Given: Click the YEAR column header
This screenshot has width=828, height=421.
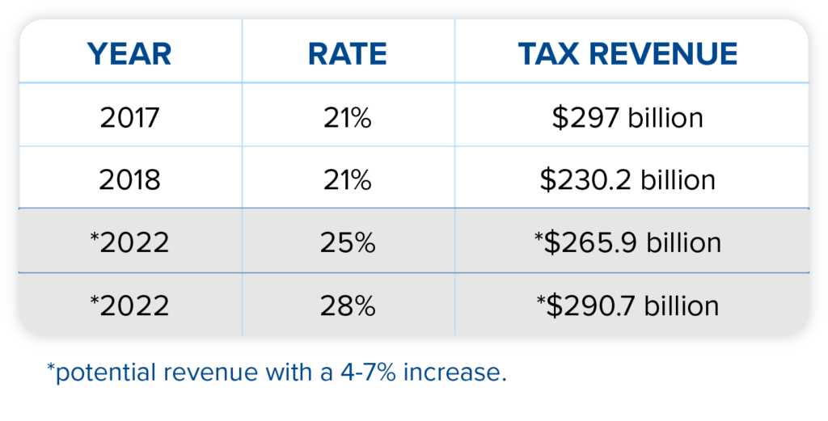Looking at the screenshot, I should pos(129,54).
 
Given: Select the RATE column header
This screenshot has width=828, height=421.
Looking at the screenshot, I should pos(348,54).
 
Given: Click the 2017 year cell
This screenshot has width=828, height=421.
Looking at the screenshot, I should pos(129,118).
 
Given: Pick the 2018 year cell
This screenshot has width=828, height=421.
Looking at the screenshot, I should pos(129,179).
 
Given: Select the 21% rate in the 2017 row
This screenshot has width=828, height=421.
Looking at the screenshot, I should pos(347,118).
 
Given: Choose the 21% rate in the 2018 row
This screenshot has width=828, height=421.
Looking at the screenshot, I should pos(347,179).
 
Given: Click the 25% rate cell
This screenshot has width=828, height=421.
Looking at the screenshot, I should pos(347,242).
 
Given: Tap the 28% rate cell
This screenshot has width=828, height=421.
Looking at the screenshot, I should pos(347,305).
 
